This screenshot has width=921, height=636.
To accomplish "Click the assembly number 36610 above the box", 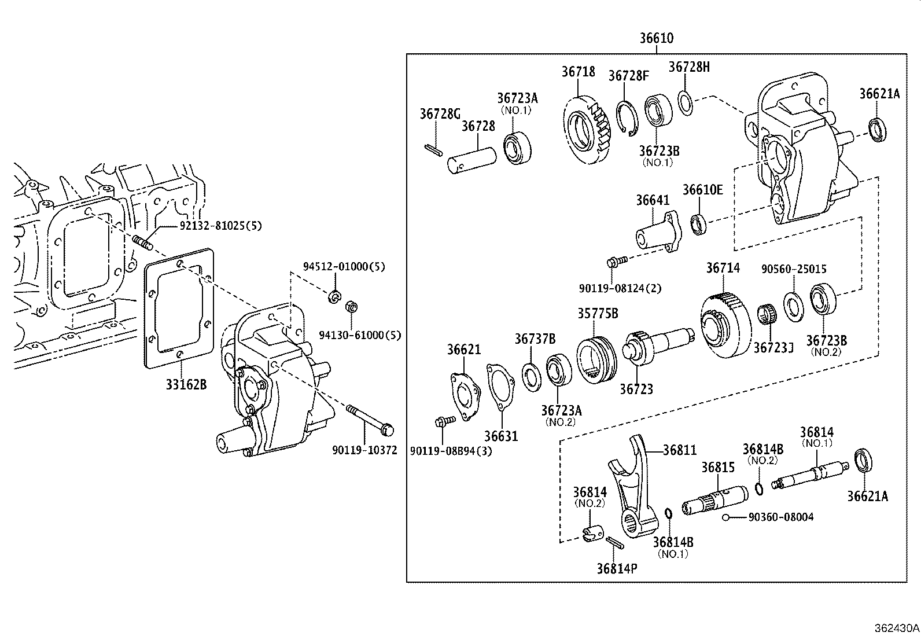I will (656, 39).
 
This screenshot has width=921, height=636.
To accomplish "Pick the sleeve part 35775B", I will (597, 359).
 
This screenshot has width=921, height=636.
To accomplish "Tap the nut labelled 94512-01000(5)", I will (334, 297).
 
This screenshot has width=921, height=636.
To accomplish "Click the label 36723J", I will (773, 347).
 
